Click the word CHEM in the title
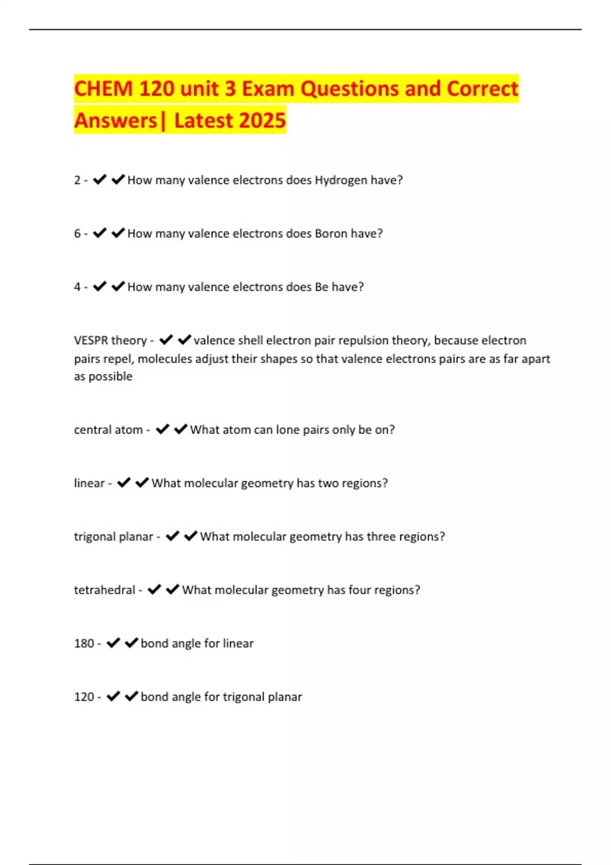103,89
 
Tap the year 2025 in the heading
262,121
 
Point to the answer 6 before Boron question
77,234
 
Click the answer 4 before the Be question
77,287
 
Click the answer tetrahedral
104,590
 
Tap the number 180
84,644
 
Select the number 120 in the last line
84,697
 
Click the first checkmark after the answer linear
124,483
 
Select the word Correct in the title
482,89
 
